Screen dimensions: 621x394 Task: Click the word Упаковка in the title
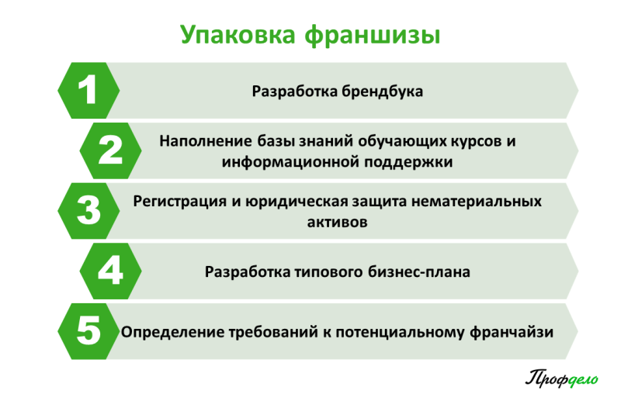click(238, 35)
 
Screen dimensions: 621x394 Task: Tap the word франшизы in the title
click(373, 36)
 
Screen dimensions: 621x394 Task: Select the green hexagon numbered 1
click(88, 91)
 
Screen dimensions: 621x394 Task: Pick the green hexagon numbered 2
click(110, 150)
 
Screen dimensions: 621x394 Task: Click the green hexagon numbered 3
click(88, 211)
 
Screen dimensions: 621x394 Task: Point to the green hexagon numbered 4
click(110, 271)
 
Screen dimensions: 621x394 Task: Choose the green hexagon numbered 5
click(88, 331)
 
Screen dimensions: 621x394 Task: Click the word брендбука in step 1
click(382, 92)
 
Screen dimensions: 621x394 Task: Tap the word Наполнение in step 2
click(206, 141)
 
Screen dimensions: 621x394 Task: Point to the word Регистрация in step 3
click(180, 202)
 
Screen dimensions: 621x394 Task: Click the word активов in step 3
click(338, 222)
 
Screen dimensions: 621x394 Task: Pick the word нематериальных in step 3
click(477, 202)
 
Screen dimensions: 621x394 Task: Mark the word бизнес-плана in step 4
click(419, 271)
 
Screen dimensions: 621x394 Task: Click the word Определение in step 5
click(173, 332)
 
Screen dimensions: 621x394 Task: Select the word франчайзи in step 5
click(512, 332)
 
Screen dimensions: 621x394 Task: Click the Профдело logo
click(561, 378)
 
